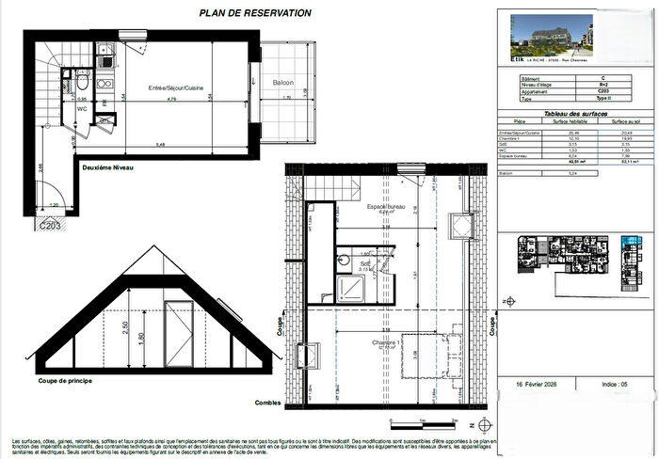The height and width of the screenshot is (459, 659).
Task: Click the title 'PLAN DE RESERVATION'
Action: tap(256, 13)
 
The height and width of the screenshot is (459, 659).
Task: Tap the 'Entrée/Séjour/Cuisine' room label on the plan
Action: tap(176, 87)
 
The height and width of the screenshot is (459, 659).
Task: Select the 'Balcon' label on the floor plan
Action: tap(284, 83)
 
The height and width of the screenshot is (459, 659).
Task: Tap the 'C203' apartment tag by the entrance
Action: tap(51, 225)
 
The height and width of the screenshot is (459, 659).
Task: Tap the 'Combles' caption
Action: tap(268, 403)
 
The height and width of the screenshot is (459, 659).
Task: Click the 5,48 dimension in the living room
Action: tap(162, 144)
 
